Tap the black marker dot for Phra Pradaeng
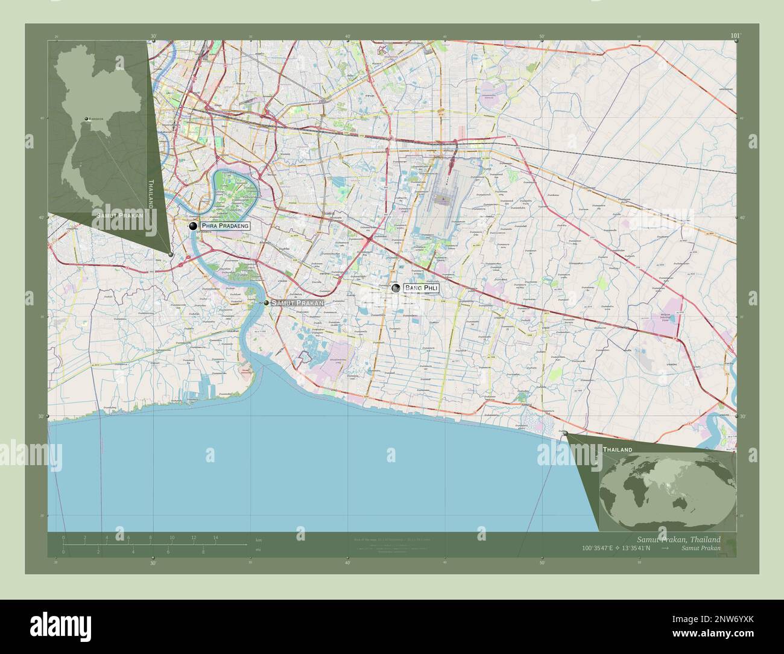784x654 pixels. click(193, 226)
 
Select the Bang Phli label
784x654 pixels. click(421, 288)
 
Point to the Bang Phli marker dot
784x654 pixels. click(396, 288)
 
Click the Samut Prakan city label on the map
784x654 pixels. click(297, 302)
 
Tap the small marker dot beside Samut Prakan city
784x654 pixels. click(266, 302)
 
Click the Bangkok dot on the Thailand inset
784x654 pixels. click(86, 119)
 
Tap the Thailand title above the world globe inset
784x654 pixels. click(618, 450)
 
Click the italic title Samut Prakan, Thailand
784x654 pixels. click(678, 539)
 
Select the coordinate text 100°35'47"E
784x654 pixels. click(598, 548)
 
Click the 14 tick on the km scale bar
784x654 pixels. click(215, 538)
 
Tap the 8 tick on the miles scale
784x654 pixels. click(203, 551)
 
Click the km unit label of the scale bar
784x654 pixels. click(259, 539)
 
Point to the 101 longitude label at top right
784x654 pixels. click(735, 36)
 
